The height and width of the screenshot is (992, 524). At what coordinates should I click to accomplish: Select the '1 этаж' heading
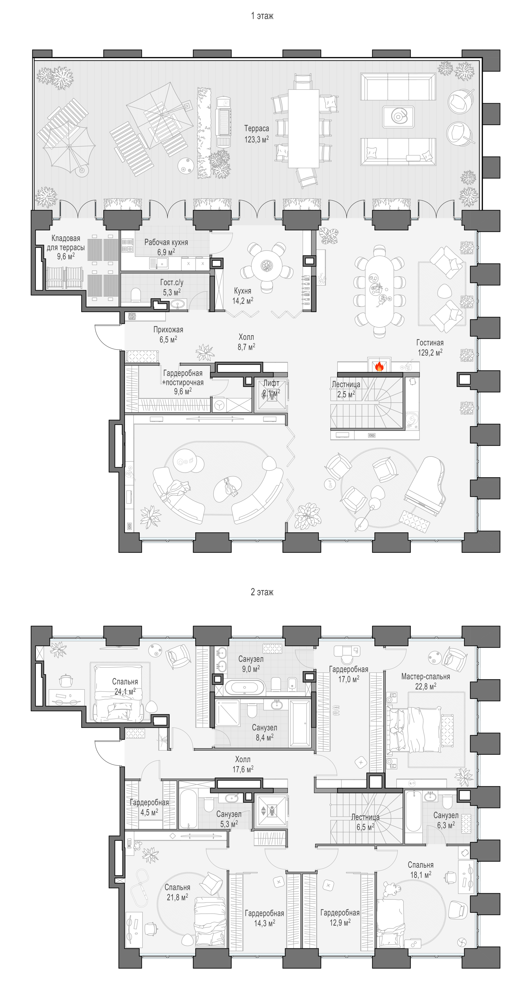(x=262, y=16)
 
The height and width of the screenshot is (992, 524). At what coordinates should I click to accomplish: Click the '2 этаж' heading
(x=262, y=592)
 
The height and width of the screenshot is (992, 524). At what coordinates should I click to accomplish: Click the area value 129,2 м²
(x=430, y=352)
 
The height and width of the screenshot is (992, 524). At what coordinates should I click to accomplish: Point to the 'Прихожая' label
(x=168, y=330)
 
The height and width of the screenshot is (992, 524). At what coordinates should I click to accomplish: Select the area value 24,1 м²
(x=125, y=692)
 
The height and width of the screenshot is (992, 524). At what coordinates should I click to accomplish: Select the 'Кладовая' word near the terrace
(x=66, y=238)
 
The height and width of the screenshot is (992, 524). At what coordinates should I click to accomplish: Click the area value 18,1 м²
(x=420, y=874)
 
